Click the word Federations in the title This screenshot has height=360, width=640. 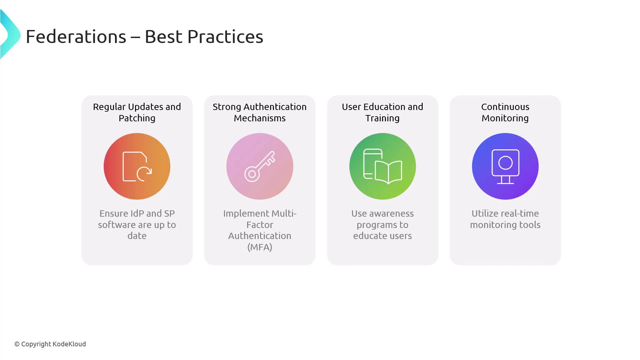(76, 36)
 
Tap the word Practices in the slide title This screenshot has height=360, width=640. (225, 36)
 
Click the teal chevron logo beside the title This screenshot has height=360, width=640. (10, 34)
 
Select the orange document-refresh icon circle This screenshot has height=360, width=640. (137, 166)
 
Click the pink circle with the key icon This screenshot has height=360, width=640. (260, 166)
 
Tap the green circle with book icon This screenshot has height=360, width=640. (383, 166)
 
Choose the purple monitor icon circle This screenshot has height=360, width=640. (505, 166)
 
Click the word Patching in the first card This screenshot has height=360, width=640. (137, 118)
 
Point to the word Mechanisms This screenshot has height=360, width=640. (260, 118)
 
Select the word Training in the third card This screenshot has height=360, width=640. (383, 118)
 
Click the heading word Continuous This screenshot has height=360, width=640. (505, 107)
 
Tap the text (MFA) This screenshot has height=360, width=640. (260, 247)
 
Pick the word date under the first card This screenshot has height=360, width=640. (137, 236)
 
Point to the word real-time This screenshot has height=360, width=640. (521, 214)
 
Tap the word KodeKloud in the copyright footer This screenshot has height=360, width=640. (69, 344)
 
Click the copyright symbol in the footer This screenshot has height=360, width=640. (17, 344)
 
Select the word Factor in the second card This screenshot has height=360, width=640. (260, 225)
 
